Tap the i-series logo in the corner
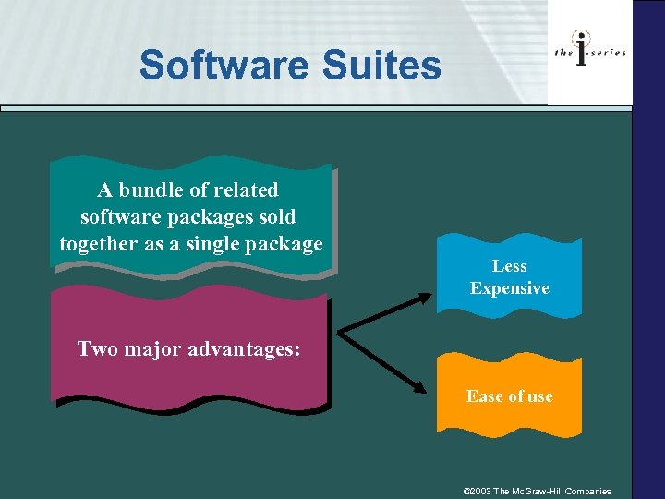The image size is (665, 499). coord(589,52)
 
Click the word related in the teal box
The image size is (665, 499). coord(246,190)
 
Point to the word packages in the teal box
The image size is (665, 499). coord(202,217)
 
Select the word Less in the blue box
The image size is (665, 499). coord(509,266)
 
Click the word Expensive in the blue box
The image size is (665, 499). coord(509,288)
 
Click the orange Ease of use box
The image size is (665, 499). coord(509,396)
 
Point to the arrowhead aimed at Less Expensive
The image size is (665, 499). coord(425,298)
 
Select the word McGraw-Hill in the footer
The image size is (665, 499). coord(542,491)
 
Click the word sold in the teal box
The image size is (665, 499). coord(279,217)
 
